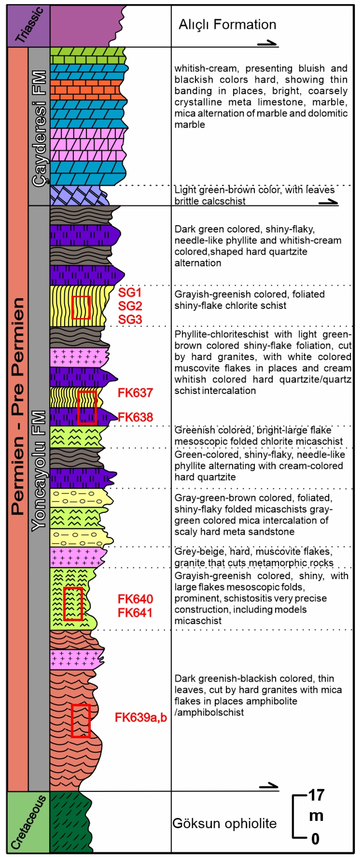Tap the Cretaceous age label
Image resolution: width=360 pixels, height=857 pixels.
pos(28,822)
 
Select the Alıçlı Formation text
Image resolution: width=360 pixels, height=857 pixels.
pos(227,25)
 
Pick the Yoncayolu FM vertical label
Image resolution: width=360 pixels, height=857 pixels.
pos(39,471)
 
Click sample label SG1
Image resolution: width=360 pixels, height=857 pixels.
pos(130,293)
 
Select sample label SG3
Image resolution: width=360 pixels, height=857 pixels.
pos(130,319)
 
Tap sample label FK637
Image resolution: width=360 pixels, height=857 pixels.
pos(135,393)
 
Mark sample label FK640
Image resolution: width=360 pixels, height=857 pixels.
pos(135,599)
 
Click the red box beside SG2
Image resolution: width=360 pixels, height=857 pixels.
pos(81,307)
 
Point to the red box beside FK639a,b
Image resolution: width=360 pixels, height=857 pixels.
pos(81,721)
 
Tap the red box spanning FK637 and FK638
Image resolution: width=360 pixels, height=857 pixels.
pos(87,408)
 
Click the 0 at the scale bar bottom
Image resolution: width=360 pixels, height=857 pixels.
pos(315,839)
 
